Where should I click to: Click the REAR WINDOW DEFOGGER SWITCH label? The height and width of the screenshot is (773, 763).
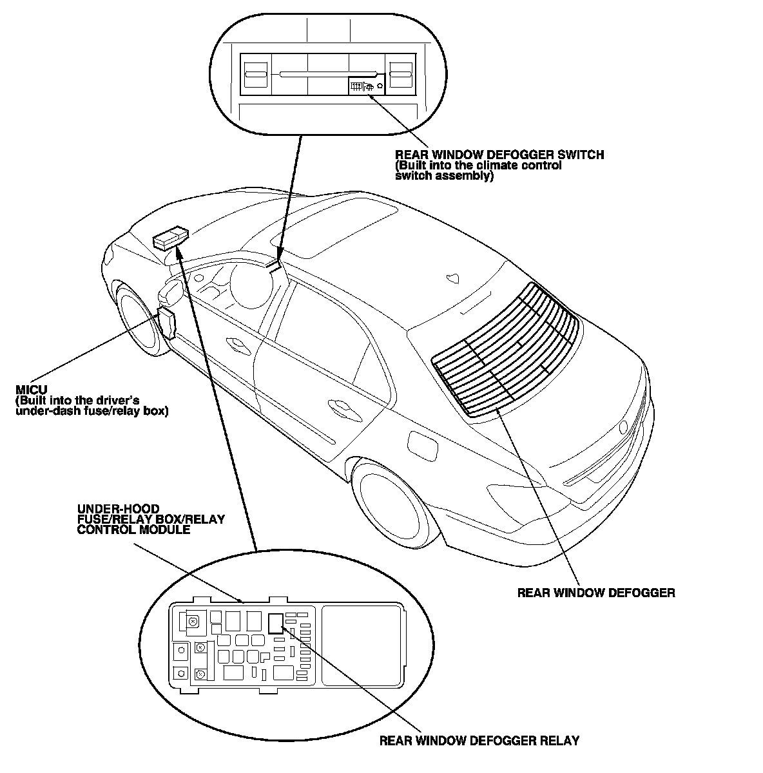(x=499, y=155)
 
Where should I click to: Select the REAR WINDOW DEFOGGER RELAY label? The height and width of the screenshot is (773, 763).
(x=479, y=741)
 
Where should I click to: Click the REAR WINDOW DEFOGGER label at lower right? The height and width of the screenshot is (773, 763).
(x=596, y=593)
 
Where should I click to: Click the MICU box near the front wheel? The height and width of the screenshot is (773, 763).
(x=166, y=322)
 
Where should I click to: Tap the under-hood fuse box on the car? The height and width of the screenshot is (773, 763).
(x=169, y=239)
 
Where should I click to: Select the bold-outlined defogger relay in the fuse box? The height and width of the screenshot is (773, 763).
(x=275, y=623)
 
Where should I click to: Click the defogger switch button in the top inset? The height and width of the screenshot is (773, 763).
(x=362, y=86)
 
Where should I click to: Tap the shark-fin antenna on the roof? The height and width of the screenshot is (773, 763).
(x=452, y=278)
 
